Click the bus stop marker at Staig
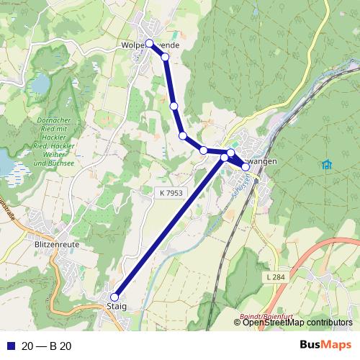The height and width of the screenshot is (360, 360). pyautogui.click(x=114, y=296)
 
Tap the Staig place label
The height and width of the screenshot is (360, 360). pyautogui.click(x=116, y=307)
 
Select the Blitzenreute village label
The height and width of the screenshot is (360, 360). pyautogui.click(x=57, y=245)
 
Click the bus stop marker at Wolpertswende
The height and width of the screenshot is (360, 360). pyautogui.click(x=149, y=43)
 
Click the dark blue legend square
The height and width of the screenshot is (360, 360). pyautogui.click(x=9, y=346)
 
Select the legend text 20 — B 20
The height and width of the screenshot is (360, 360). pyautogui.click(x=47, y=346)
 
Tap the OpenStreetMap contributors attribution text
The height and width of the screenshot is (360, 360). pyautogui.click(x=297, y=323)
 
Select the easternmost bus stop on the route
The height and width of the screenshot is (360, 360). pyautogui.click(x=246, y=166)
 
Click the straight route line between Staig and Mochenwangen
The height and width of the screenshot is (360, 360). pyautogui.click(x=169, y=225)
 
